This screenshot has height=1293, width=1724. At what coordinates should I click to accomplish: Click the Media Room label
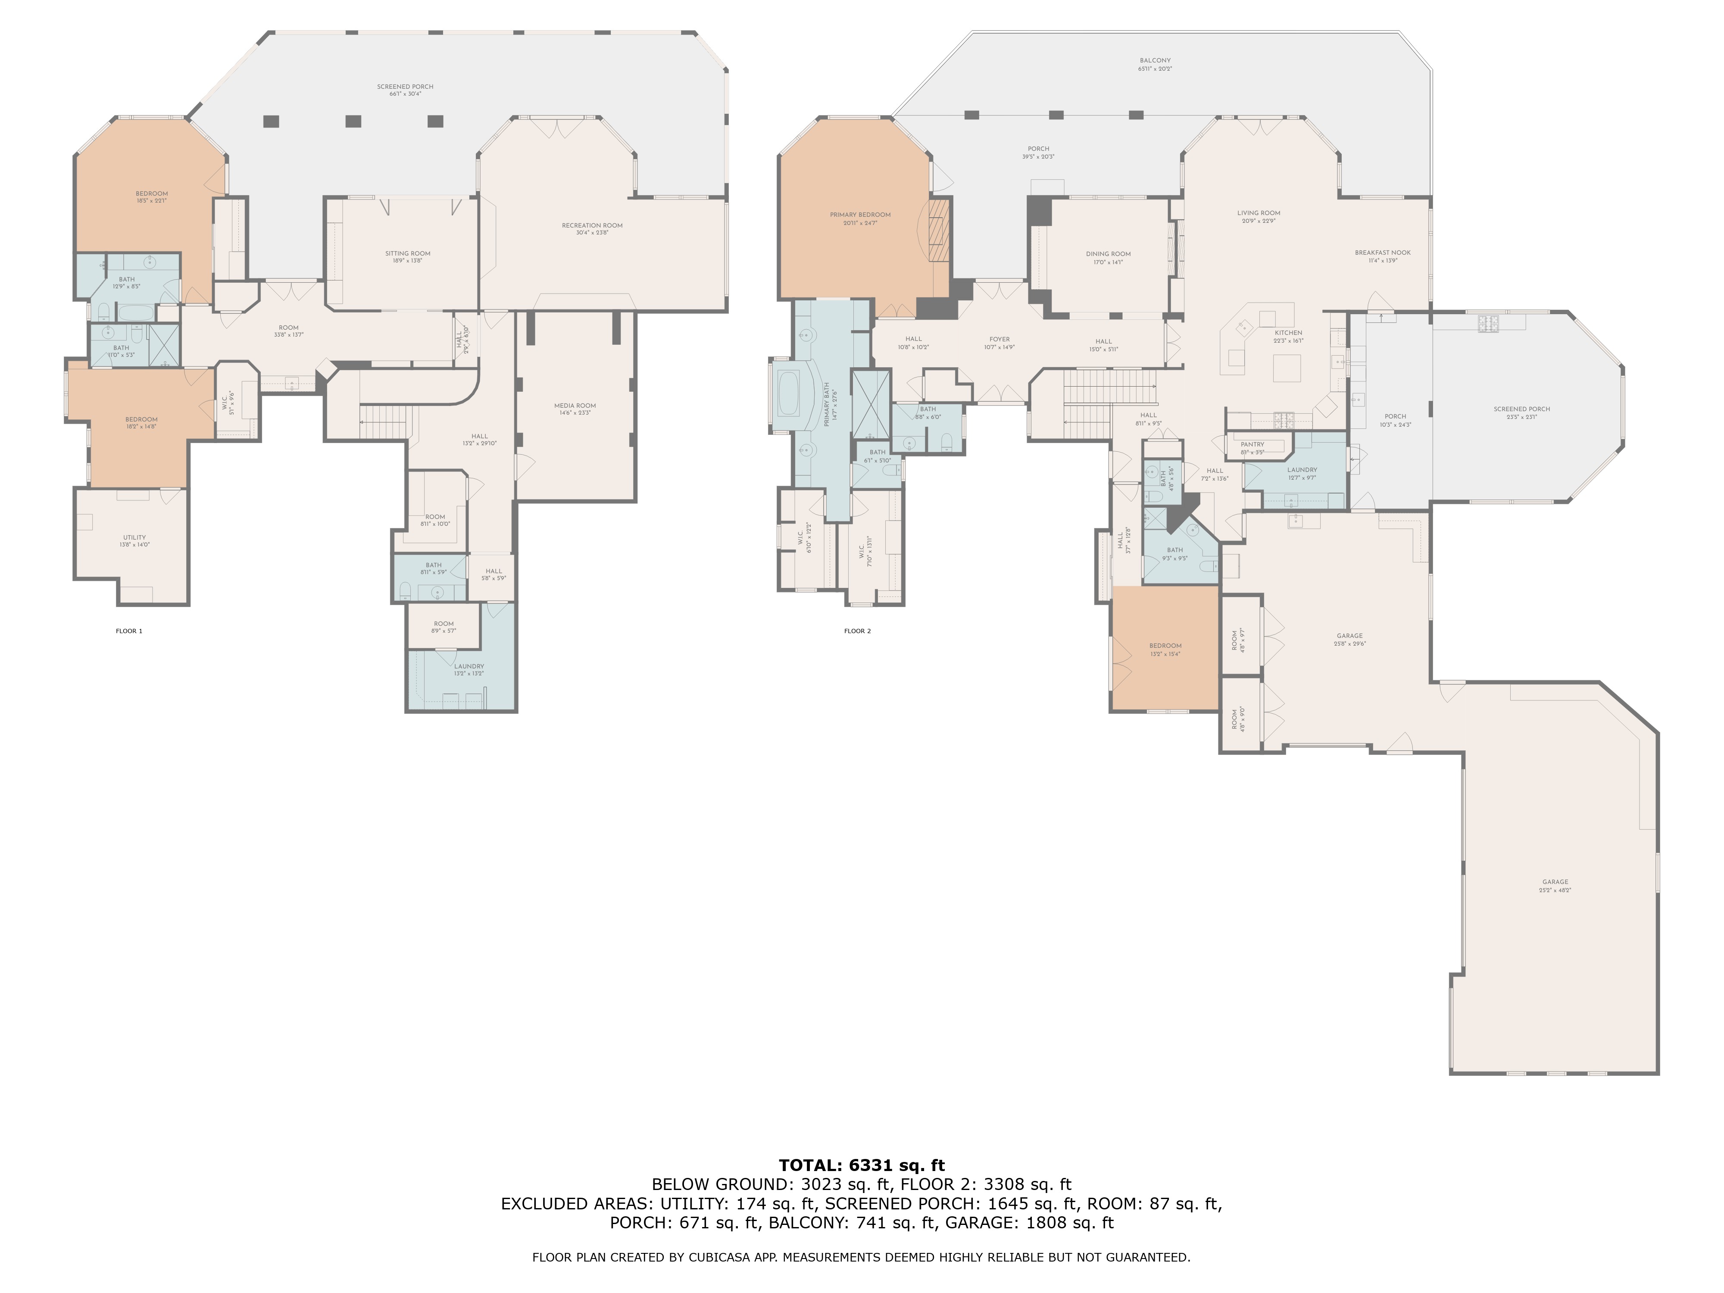pyautogui.click(x=575, y=409)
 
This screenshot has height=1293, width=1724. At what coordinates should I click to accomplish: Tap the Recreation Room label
pyautogui.click(x=592, y=228)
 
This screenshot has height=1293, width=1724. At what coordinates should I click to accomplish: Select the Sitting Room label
pyautogui.click(x=408, y=256)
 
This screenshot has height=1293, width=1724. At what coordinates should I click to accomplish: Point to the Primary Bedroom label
pyautogui.click(x=860, y=218)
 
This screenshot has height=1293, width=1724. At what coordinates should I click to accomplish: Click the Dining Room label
pyautogui.click(x=1108, y=257)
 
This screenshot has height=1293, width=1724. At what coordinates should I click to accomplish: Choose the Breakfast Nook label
pyautogui.click(x=1383, y=256)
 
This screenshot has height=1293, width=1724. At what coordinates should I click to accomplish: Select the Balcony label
pyautogui.click(x=1155, y=64)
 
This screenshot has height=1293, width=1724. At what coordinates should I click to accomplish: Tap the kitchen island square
pyautogui.click(x=1287, y=368)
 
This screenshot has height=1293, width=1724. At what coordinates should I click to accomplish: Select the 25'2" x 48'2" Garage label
pyautogui.click(x=1555, y=885)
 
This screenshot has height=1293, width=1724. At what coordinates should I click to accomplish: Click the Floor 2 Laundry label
pyautogui.click(x=1302, y=473)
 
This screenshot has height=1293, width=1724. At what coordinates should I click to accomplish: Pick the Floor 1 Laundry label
pyautogui.click(x=469, y=669)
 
